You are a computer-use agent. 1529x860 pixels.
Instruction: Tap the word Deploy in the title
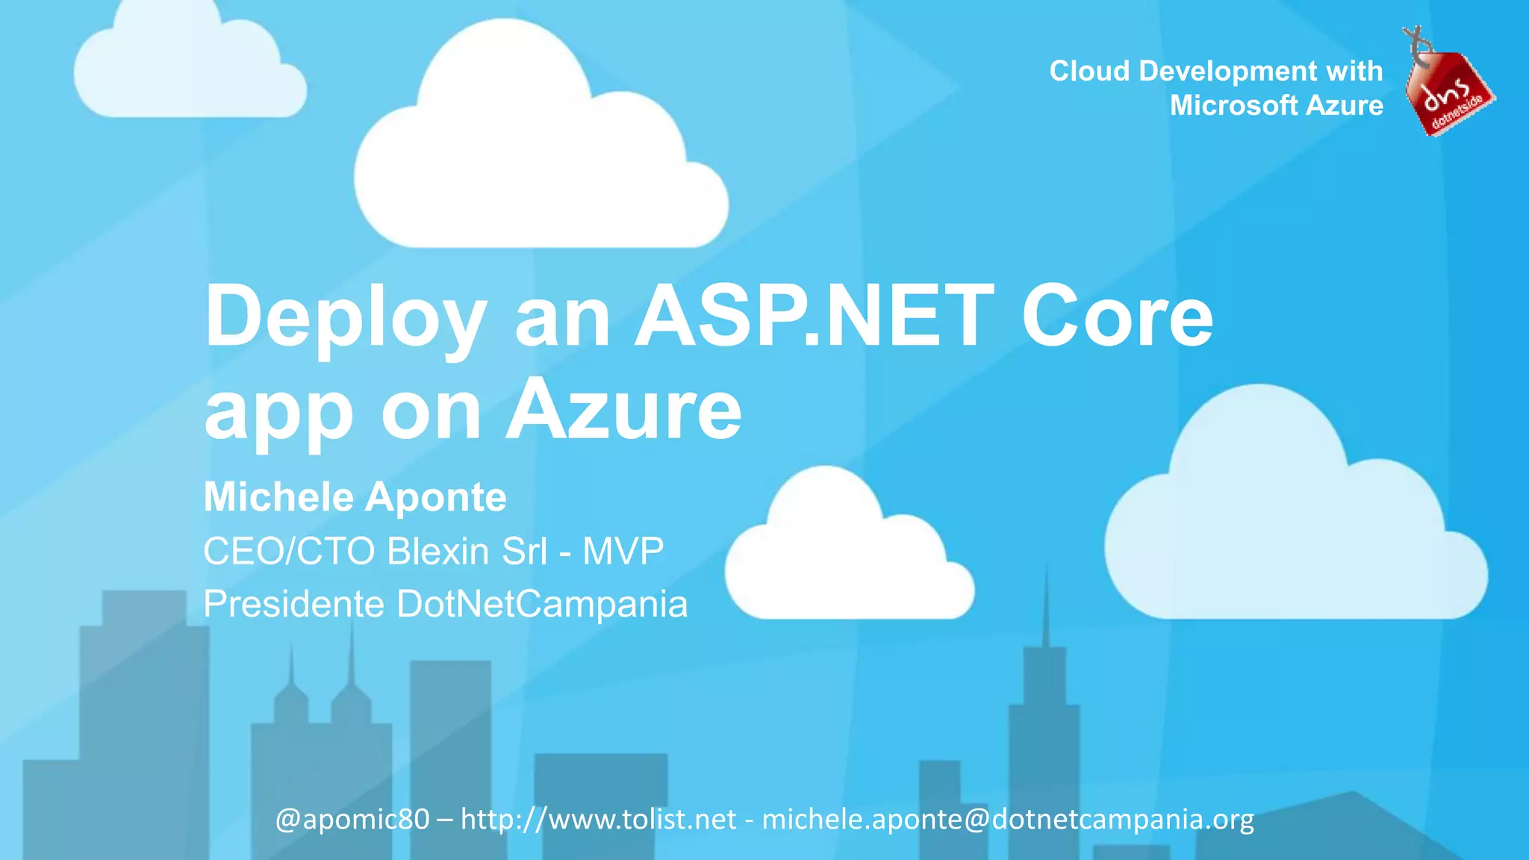(346, 318)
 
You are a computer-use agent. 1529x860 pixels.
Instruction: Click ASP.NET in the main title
(815, 317)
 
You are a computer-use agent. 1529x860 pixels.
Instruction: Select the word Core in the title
(1117, 317)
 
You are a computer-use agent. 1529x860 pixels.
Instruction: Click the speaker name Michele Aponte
(355, 497)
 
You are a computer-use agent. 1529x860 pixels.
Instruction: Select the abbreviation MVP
(623, 552)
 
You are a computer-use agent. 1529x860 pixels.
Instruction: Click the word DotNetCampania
(542, 604)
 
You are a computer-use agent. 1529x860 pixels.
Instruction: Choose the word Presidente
(293, 604)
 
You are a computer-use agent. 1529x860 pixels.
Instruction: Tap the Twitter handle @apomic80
(352, 820)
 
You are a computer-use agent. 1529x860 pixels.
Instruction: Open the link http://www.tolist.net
(599, 820)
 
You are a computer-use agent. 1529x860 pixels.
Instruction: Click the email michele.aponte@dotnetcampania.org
(1008, 820)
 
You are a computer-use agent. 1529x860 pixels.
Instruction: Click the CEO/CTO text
(288, 552)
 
